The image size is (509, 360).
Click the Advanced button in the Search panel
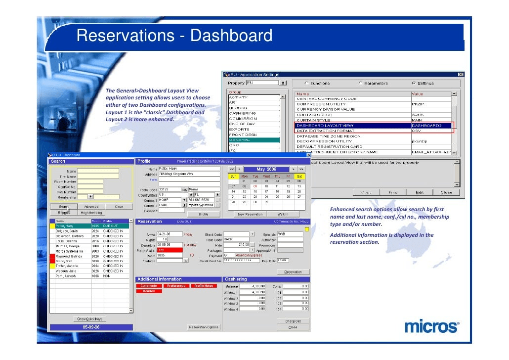tap(91, 206)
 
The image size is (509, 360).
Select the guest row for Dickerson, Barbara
tap(70, 236)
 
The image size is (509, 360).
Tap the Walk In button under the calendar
tap(283, 214)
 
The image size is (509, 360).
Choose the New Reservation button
tap(250, 214)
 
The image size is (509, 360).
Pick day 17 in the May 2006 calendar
tap(266, 191)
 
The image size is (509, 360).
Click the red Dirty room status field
tap(169, 251)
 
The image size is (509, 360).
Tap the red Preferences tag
tap(176, 285)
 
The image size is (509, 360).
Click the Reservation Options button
tap(204, 327)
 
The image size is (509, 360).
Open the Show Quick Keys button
tap(90, 319)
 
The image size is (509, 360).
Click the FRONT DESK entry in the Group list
tap(243, 135)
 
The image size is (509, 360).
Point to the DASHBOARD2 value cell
tap(431, 126)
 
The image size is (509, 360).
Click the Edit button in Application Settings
tap(419, 192)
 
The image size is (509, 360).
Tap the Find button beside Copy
tap(392, 192)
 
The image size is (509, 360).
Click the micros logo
tap(431, 327)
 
